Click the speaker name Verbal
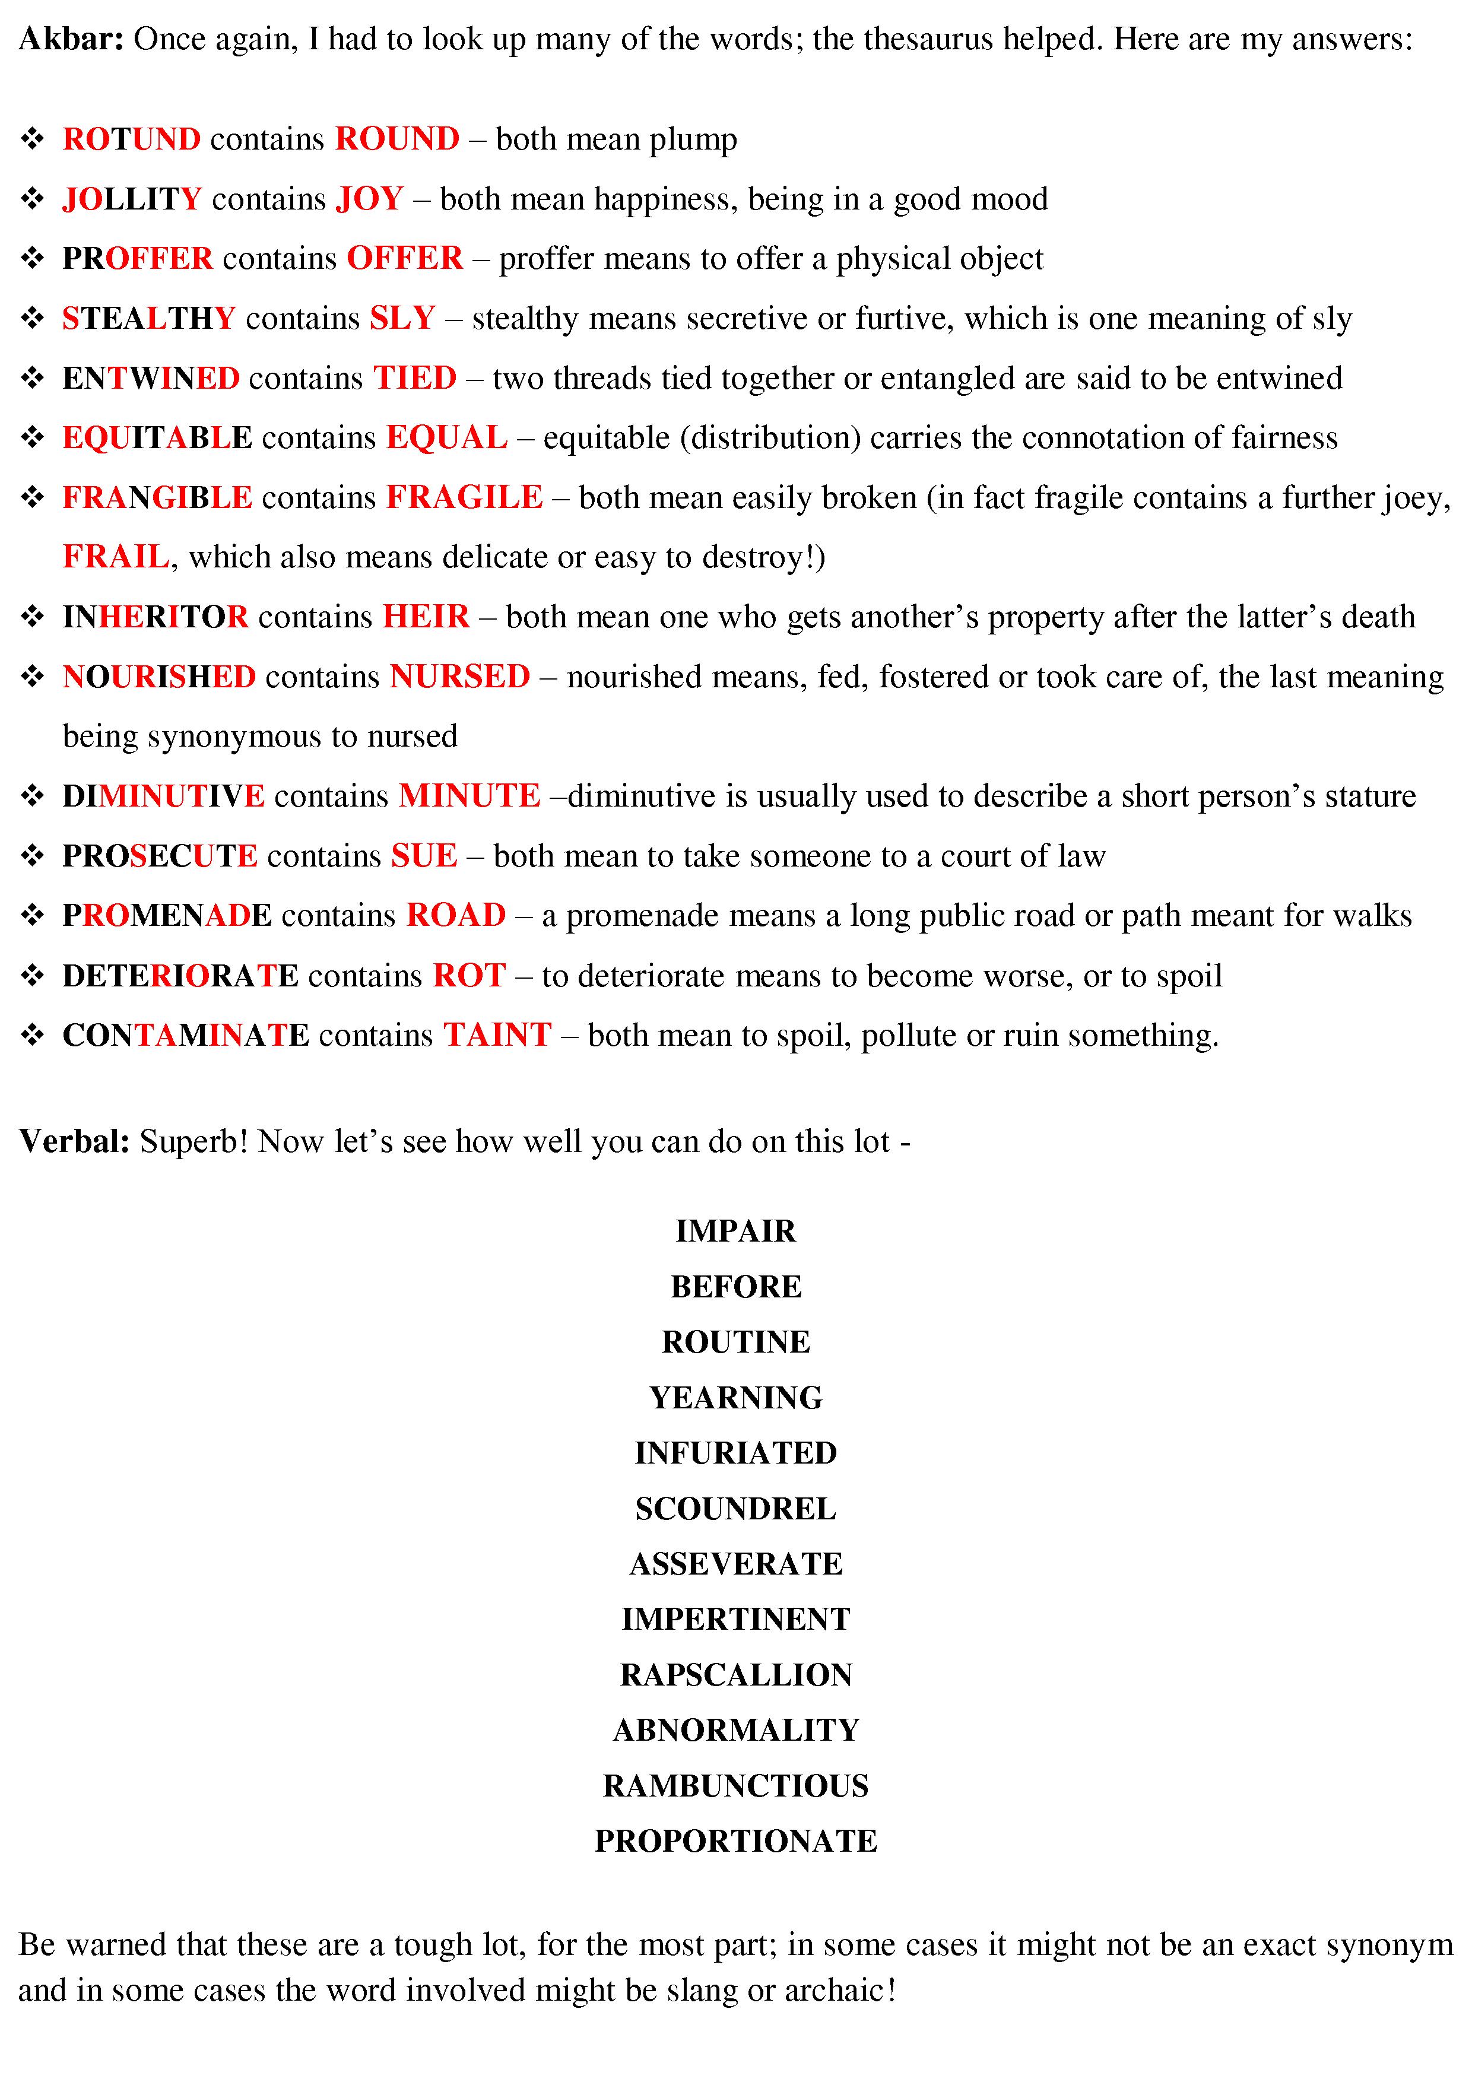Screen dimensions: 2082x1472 click(x=74, y=1141)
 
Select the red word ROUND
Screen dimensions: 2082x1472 click(x=397, y=139)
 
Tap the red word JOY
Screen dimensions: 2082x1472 click(x=369, y=199)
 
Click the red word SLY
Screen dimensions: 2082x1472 click(x=402, y=318)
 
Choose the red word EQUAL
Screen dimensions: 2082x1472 click(x=446, y=438)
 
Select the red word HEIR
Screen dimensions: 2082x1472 click(x=426, y=617)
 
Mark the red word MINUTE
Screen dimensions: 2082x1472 click(x=469, y=796)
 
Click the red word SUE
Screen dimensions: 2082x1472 click(x=424, y=856)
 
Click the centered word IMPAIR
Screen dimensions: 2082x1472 click(x=735, y=1230)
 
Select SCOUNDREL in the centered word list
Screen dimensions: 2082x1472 click(x=735, y=1509)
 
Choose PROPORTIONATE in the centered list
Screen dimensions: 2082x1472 click(x=735, y=1842)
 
